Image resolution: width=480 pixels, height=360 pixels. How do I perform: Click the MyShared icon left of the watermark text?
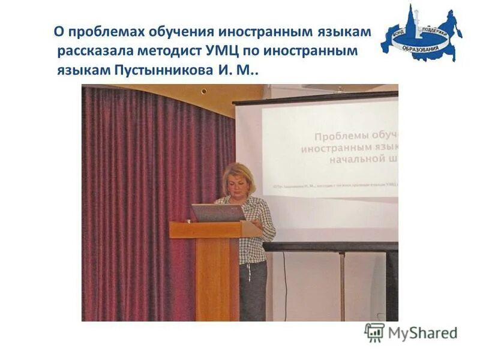374,332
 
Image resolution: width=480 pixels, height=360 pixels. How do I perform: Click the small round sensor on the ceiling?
204,91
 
